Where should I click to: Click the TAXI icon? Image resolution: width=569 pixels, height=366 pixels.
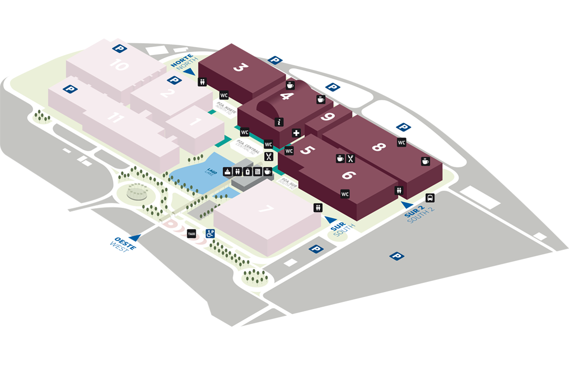point(192,234)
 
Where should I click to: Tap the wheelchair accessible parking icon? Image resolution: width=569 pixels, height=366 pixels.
point(211,233)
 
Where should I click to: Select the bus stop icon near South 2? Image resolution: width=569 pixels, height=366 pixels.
point(430,198)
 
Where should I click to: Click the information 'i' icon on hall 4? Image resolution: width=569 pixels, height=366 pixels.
point(279,122)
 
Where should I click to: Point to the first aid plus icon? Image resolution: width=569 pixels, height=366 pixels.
point(296,133)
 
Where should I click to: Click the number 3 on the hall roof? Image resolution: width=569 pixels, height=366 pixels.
point(239,67)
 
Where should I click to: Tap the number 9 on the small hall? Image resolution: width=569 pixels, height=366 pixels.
point(328,117)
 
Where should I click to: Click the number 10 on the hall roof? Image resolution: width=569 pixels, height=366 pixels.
point(119,65)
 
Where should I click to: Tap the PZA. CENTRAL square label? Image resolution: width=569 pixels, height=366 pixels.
point(246,144)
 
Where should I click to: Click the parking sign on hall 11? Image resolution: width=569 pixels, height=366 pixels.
point(71,89)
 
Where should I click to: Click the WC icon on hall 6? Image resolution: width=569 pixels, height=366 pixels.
point(345,194)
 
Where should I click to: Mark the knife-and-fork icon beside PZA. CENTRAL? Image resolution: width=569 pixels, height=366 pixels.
point(268,157)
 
